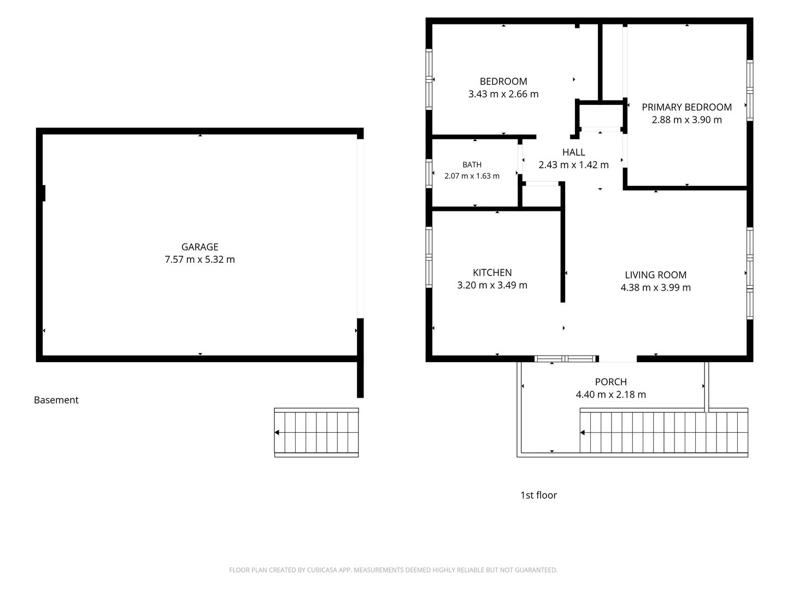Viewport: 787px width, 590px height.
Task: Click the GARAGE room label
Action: [199, 247]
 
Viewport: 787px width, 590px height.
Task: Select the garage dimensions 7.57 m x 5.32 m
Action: [199, 259]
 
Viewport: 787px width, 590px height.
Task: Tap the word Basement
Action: [56, 400]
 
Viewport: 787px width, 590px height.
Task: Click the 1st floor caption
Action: [538, 495]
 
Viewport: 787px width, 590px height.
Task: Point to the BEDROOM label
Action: [503, 81]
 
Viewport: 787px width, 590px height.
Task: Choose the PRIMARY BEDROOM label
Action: [686, 107]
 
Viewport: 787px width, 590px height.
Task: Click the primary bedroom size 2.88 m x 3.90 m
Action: [686, 120]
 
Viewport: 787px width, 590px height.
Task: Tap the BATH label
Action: [472, 165]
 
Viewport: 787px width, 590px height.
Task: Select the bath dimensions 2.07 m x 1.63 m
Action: [472, 176]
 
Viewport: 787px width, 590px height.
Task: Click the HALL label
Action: [574, 152]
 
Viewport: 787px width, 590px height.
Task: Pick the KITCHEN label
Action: [492, 273]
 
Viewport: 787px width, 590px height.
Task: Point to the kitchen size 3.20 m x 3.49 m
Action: [492, 285]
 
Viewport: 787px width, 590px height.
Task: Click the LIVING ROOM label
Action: [655, 275]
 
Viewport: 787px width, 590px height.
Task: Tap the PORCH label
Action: [611, 382]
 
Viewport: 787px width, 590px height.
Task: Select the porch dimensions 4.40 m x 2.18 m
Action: [611, 394]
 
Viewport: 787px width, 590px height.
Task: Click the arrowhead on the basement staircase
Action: [277, 432]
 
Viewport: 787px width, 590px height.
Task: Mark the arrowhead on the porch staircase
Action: [583, 432]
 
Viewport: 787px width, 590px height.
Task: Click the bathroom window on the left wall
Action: [429, 173]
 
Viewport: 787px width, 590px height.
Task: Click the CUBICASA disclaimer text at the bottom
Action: [393, 570]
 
